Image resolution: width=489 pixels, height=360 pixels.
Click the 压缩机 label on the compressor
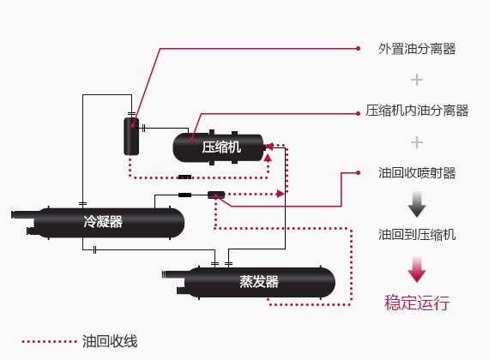(221, 147)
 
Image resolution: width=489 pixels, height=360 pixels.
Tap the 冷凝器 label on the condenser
(103, 222)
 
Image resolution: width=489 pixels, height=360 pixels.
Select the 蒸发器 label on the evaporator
(258, 282)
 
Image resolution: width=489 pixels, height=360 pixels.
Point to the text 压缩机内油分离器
(417, 111)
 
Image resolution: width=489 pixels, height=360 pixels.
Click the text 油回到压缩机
(417, 234)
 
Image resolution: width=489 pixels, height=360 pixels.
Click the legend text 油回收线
(110, 341)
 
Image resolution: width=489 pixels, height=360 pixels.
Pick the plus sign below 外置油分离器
(417, 80)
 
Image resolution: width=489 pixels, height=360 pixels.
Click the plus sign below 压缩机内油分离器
(417, 141)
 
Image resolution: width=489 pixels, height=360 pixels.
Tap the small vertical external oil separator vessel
(131, 136)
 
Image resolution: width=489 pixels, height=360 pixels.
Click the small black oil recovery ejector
(216, 195)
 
